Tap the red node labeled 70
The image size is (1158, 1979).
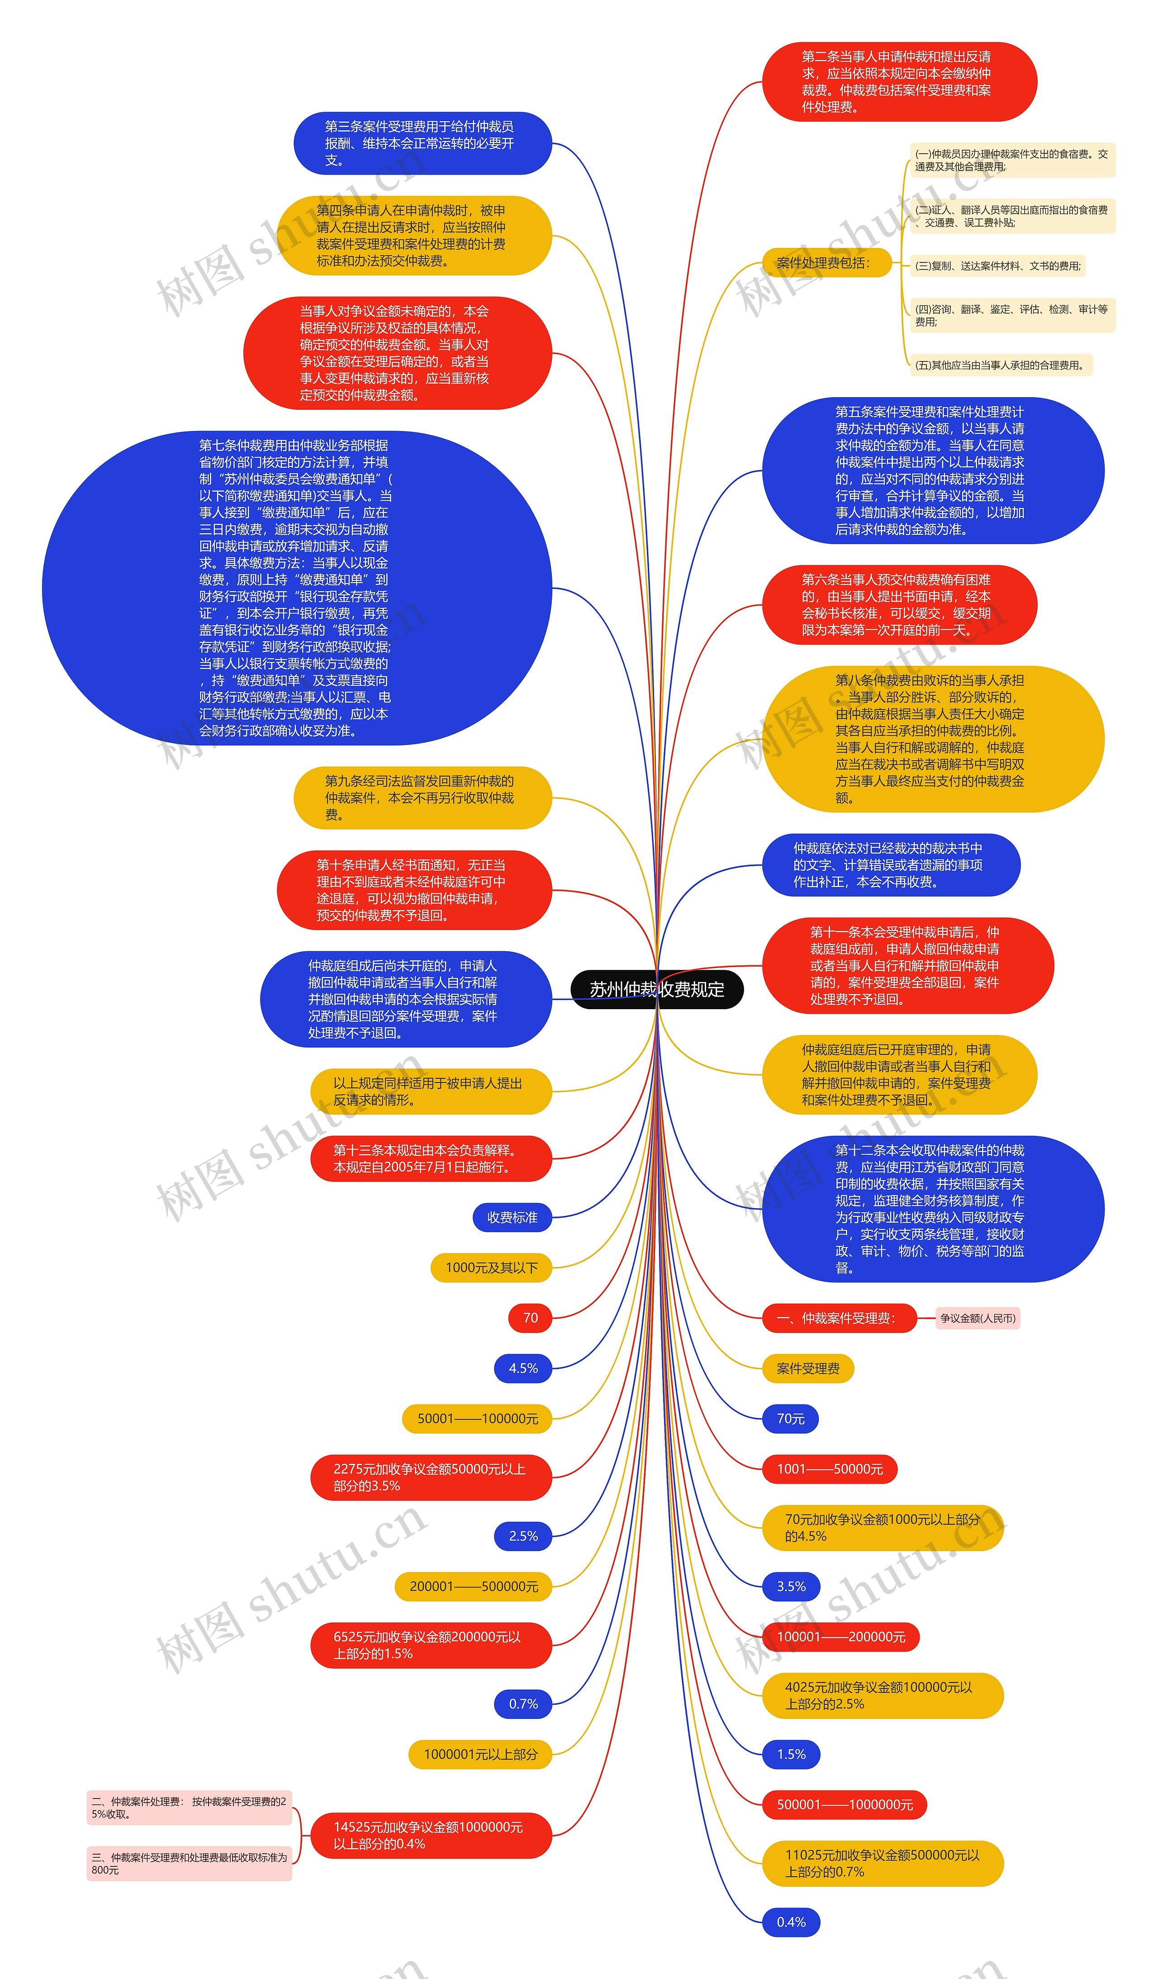coord(530,1318)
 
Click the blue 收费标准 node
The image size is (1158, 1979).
coord(512,1217)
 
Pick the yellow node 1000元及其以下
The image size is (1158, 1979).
coord(491,1267)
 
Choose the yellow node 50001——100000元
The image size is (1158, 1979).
coord(477,1418)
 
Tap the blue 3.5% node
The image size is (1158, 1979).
coord(791,1586)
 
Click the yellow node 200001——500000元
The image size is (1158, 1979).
coord(474,1586)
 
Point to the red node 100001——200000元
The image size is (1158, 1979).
coord(840,1637)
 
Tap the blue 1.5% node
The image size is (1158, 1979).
coord(791,1754)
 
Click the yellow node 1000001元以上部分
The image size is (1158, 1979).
coord(480,1754)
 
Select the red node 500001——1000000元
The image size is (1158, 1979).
coord(844,1805)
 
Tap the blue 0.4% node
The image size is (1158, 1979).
coord(791,1922)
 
